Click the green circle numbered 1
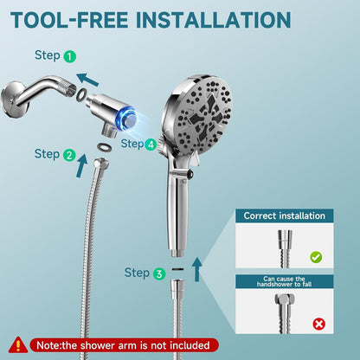coord(69,56)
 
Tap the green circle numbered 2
coord(69,155)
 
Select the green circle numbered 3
coord(159,273)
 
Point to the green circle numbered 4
coord(151,145)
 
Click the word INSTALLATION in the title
coord(213,20)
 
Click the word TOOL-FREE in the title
coord(69,20)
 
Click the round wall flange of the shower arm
coord(13,100)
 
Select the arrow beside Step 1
coord(87,80)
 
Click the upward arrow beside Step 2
coord(82,165)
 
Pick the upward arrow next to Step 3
coord(197,269)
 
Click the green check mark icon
coord(316,256)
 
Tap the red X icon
coord(318,325)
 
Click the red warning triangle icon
coord(18,345)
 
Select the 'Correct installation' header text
coord(284,215)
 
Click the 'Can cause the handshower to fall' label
coord(285,281)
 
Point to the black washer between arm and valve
coord(81,95)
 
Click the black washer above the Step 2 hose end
coord(104,147)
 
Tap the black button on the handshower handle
coord(190,174)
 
